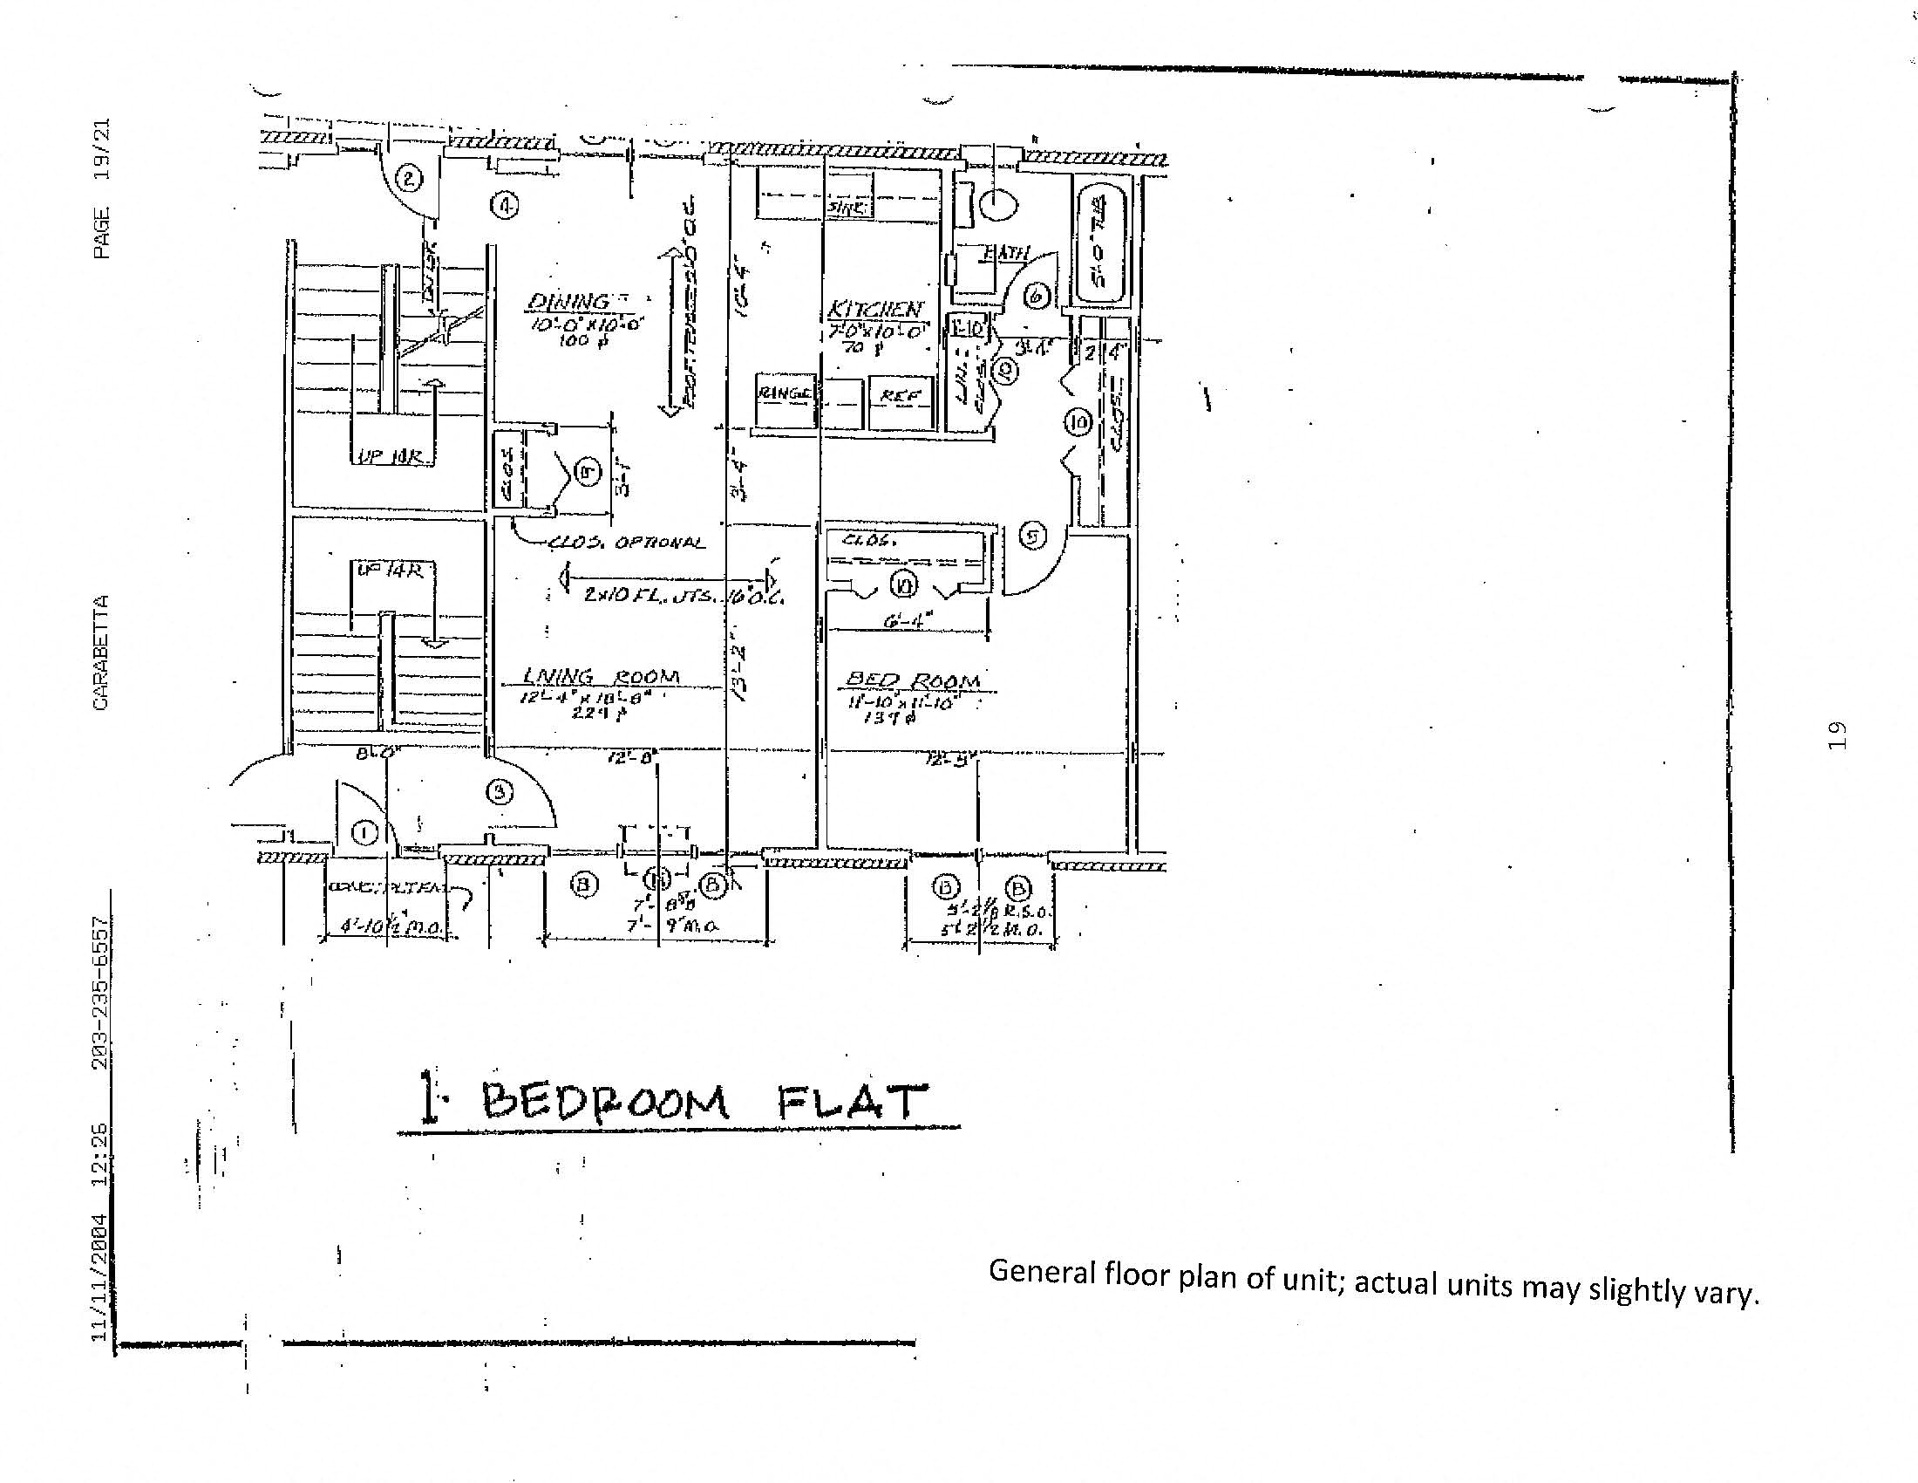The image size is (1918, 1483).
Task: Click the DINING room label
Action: [x=568, y=301]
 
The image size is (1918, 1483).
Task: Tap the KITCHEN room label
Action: [x=874, y=310]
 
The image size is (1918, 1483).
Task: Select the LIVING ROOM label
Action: [x=602, y=676]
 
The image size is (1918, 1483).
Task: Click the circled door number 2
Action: [x=409, y=179]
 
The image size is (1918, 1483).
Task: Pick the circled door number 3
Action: [x=500, y=792]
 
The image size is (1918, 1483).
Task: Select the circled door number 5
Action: [x=1034, y=535]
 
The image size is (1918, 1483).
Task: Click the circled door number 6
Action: [x=1037, y=296]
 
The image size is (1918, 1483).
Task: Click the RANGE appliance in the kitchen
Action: [x=785, y=394]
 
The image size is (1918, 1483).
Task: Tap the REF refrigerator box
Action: [x=901, y=396]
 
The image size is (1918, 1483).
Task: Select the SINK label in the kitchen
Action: [x=847, y=208]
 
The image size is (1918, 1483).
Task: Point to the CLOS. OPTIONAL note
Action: [x=626, y=543]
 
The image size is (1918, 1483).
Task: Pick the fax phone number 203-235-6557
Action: [x=101, y=992]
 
